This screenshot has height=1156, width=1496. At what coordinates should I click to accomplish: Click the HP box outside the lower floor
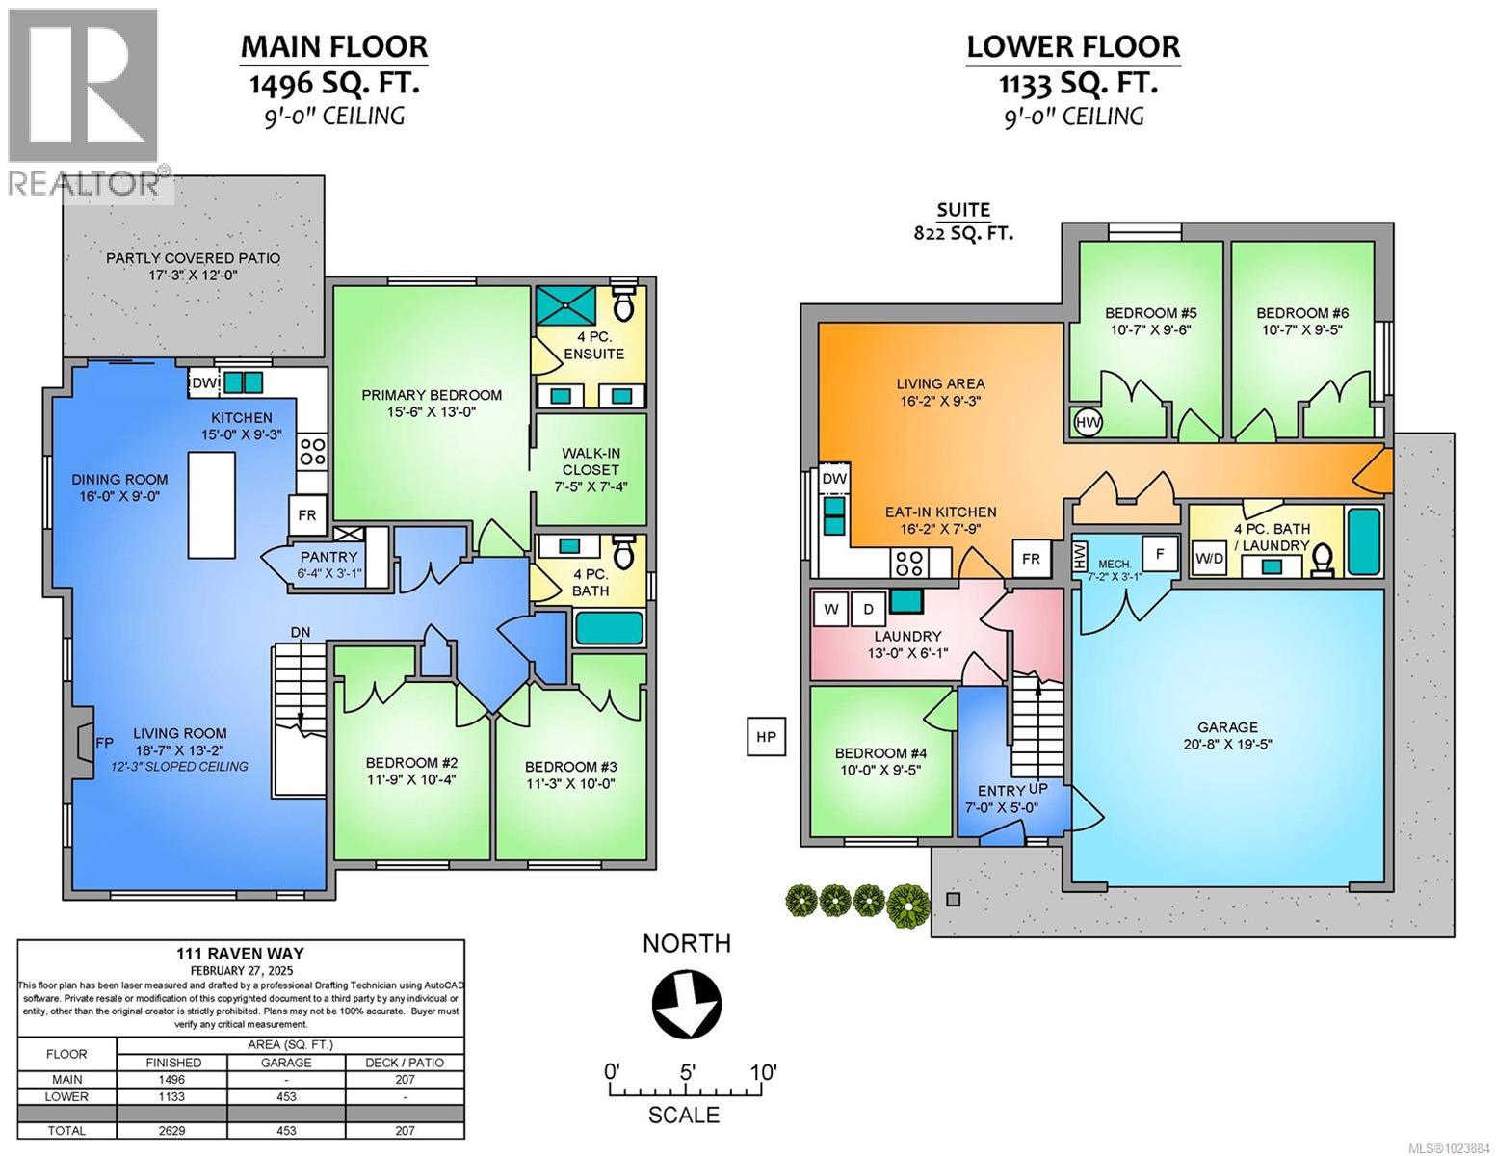click(767, 737)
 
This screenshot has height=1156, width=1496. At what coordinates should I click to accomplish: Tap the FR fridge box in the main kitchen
click(307, 514)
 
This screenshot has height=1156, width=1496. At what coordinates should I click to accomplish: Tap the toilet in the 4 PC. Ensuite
click(623, 306)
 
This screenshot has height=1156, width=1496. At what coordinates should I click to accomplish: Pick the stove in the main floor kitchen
click(312, 452)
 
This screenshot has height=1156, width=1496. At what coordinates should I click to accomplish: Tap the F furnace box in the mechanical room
click(1160, 554)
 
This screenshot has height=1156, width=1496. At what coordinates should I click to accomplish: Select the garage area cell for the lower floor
click(286, 1096)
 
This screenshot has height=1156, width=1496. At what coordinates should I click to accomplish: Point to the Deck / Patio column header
click(405, 1062)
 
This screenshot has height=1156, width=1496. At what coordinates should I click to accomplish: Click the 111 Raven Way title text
click(242, 952)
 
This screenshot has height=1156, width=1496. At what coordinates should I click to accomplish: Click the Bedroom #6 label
click(1299, 313)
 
